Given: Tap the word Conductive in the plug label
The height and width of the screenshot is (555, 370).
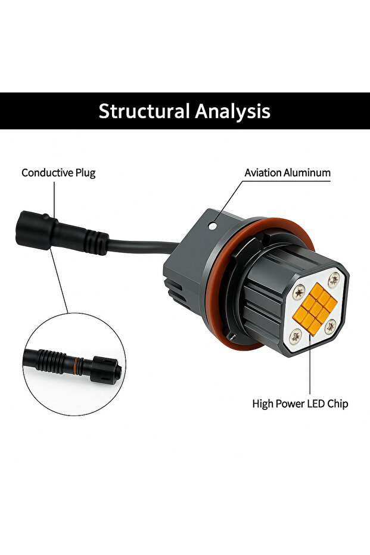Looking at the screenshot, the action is (x=46, y=173).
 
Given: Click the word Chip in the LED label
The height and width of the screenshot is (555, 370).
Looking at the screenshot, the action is (x=337, y=404).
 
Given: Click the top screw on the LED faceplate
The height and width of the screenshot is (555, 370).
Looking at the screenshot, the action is (x=333, y=280).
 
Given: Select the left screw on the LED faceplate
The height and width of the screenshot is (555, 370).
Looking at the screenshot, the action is (x=299, y=292).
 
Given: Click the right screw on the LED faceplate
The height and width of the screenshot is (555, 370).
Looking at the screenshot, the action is (x=329, y=326).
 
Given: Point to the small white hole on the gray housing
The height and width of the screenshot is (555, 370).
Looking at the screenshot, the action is (x=212, y=225).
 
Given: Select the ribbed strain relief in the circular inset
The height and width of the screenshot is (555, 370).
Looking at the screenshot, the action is (x=52, y=361).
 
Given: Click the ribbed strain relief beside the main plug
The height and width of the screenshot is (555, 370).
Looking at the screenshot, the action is (x=95, y=242).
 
